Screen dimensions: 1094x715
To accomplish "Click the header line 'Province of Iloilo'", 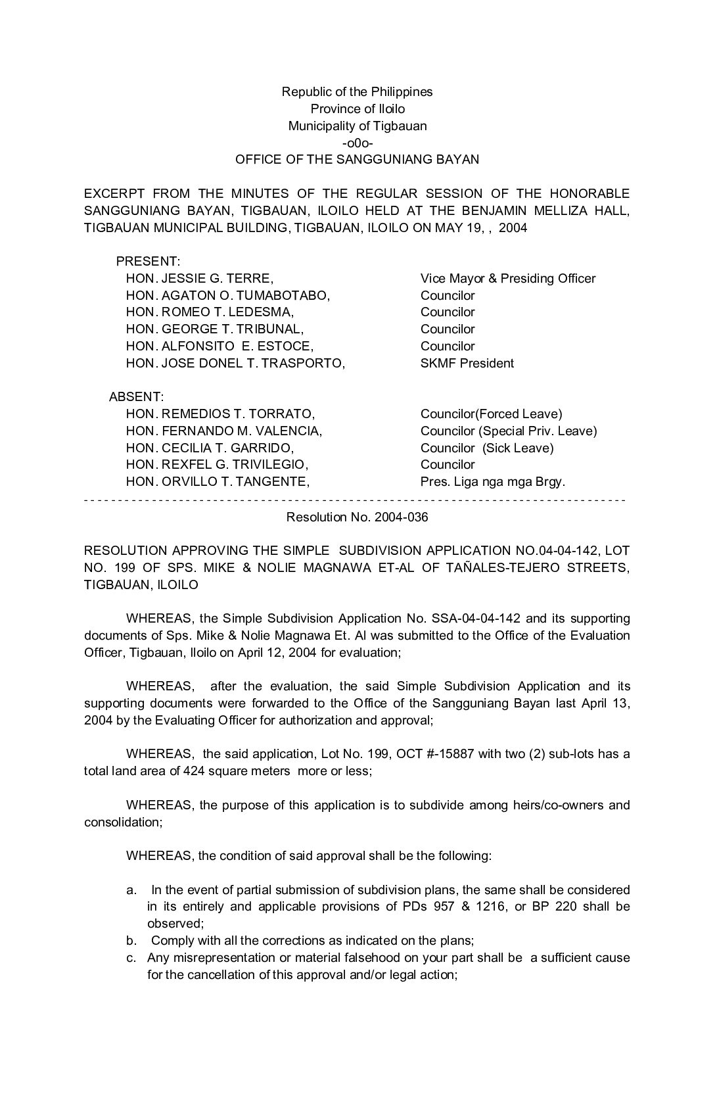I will click(357, 108).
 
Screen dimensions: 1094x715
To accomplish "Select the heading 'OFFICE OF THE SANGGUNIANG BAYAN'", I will click(357, 159).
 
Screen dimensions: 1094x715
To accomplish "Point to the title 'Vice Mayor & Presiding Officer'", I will click(508, 278).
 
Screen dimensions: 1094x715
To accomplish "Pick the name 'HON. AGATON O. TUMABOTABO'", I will click(228, 295).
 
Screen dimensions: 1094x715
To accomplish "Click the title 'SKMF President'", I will click(467, 363).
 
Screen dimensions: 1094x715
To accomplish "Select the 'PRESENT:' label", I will click(148, 261).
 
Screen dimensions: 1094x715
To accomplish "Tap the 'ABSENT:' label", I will click(136, 397).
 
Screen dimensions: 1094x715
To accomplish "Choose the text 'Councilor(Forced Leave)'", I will click(492, 414).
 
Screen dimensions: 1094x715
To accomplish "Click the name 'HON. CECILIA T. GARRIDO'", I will click(210, 448).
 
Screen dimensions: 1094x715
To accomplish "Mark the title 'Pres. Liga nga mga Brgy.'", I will click(493, 481).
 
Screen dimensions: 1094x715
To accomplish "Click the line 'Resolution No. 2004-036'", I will click(357, 517).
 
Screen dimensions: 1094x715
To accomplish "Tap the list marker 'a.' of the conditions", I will click(131, 890).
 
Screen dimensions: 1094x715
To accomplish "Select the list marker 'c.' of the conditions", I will click(131, 957).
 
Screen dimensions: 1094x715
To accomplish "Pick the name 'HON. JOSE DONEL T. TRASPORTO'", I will click(235, 363).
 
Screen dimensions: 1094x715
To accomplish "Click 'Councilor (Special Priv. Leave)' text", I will click(509, 431).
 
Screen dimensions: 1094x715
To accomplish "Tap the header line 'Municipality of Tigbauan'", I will click(357, 126).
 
